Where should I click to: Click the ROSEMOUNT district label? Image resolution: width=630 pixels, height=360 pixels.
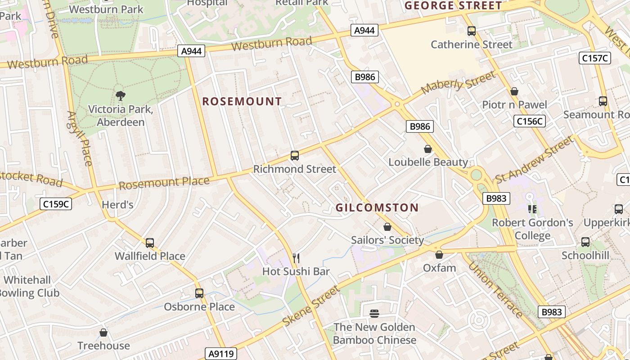tap(242, 101)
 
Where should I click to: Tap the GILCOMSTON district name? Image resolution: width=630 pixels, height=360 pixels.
tap(377, 207)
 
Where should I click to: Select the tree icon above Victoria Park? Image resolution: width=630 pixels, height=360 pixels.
tap(120, 95)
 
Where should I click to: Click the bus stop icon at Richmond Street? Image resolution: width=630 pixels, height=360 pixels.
tap(295, 156)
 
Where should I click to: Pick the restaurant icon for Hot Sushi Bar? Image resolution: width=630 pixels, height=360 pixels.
tap(296, 258)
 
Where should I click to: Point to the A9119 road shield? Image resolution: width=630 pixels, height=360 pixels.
tap(221, 354)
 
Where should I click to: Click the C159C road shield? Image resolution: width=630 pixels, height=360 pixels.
tap(56, 204)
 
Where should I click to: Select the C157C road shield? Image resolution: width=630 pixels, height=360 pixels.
tap(594, 58)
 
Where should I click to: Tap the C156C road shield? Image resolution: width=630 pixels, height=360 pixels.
tap(530, 121)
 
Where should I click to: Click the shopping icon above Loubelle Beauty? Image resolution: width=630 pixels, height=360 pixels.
tap(428, 149)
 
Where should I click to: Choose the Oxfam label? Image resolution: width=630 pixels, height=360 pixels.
tap(439, 268)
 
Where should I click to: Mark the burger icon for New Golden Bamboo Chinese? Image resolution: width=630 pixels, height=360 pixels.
tap(374, 313)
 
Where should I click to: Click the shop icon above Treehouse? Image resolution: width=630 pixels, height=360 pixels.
tap(103, 333)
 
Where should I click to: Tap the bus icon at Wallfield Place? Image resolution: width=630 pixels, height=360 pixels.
tap(150, 243)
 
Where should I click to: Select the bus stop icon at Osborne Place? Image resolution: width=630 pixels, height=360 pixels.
tap(199, 293)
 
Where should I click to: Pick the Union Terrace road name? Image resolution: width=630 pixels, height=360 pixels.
tap(495, 289)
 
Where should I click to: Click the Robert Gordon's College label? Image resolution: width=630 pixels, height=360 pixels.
tap(532, 229)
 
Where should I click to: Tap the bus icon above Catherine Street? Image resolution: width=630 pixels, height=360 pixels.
tap(472, 31)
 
